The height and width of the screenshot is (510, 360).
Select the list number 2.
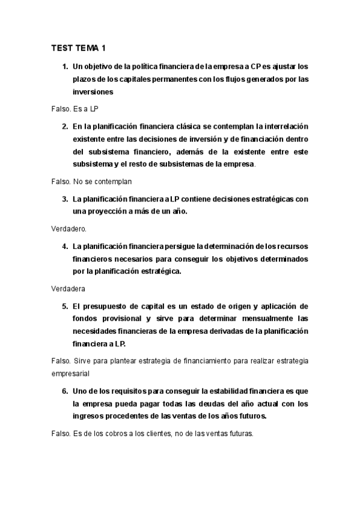[65, 126]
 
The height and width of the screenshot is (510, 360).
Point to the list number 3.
[65, 198]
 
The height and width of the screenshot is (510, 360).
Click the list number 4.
[65, 246]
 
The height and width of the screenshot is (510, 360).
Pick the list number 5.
[65, 306]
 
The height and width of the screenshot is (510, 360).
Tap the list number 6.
[65, 390]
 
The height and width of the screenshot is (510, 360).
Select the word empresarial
[70, 373]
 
